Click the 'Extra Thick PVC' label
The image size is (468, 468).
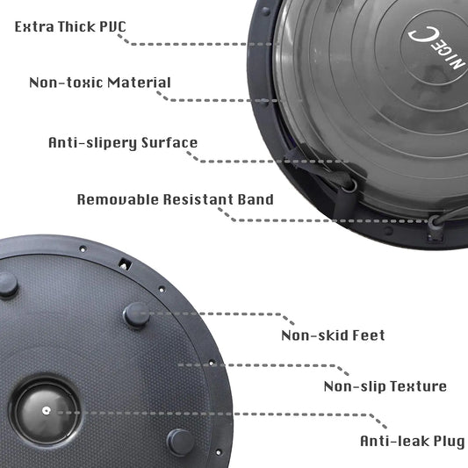pos(70,26)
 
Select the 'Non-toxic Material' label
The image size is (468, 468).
pos(100,83)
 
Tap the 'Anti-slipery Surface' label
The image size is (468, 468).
pos(123,142)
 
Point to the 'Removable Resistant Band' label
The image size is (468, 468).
pos(175,199)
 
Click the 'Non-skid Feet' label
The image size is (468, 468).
pos(333,335)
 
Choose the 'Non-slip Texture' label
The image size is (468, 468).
pos(385,386)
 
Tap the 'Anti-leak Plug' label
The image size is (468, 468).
pos(411,441)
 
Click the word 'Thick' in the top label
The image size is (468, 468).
pos(77,26)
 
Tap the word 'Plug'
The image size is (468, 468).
pos(443,441)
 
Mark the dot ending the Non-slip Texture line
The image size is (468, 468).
pos(181,363)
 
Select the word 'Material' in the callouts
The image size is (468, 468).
pos(140,83)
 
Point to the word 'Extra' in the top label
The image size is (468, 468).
pos(33,26)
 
